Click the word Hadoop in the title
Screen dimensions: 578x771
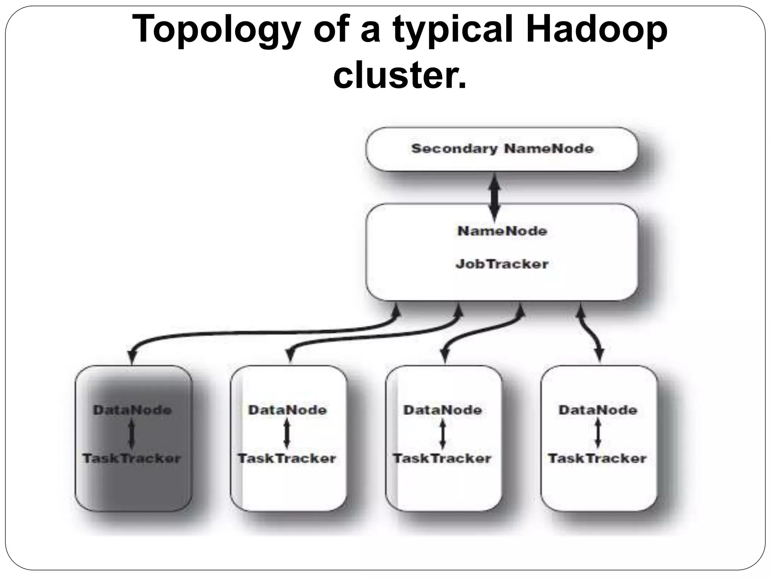pos(596,29)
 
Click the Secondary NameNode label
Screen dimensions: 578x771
pos(502,149)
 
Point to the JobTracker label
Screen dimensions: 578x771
pos(502,264)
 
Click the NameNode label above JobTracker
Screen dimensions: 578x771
pos(502,231)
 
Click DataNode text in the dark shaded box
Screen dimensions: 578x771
pos(132,410)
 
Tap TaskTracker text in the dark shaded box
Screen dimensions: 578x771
pos(132,458)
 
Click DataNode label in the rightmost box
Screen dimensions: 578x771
pos(598,410)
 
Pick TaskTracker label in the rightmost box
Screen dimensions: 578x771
pos(597,458)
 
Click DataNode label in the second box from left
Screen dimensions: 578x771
pos(287,410)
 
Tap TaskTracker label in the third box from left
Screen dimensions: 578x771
pos(442,458)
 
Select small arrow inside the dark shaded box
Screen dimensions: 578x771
pos(131,434)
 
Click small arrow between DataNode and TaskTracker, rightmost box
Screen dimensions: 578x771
pos(598,434)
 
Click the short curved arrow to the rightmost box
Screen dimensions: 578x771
pos(590,331)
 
